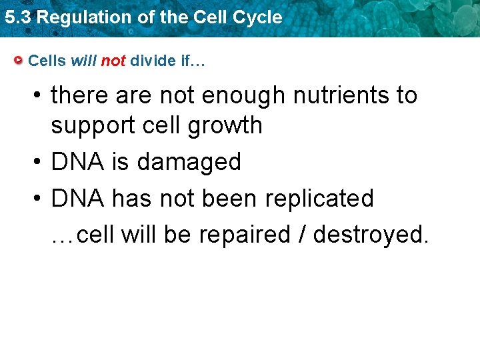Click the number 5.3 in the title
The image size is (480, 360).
coord(18,17)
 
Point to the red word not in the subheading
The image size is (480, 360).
coord(113,61)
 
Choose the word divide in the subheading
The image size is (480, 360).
coord(153,61)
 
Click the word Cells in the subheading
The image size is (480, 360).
coord(47,61)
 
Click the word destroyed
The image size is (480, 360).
coord(370,235)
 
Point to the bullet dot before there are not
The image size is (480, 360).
coord(38,96)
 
